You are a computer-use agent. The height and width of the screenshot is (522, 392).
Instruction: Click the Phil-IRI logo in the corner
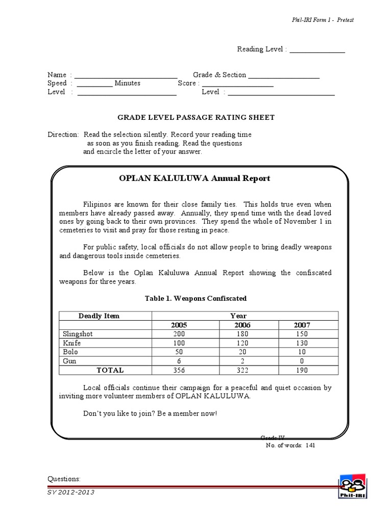coord(352,486)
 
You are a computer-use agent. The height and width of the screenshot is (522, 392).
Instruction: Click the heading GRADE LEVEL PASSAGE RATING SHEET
coord(196,117)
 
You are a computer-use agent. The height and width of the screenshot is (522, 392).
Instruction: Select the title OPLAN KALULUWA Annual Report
coord(194,178)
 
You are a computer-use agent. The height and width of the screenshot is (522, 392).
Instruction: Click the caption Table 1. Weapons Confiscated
coord(195,298)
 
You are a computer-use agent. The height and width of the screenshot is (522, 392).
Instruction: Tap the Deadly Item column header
coord(99,316)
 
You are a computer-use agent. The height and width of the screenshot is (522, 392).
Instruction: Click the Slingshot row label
coord(78,334)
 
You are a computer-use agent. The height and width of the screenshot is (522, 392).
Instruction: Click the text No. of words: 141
coord(294,445)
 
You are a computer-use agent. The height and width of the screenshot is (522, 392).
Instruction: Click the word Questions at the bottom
coord(64,479)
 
